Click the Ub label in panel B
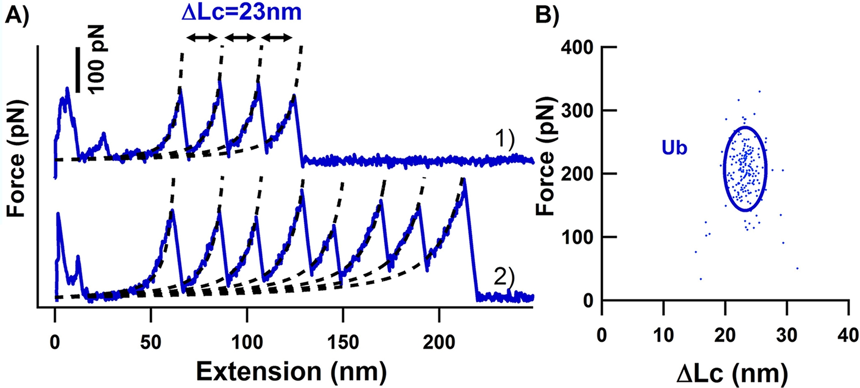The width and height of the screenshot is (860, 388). click(x=674, y=148)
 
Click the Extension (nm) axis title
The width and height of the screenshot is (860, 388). click(x=291, y=372)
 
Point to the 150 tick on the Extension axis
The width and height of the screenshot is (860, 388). click(x=343, y=343)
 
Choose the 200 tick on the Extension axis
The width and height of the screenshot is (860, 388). click(x=439, y=343)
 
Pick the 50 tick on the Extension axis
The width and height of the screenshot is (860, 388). click(x=151, y=343)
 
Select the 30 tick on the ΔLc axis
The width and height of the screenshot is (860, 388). click(x=787, y=335)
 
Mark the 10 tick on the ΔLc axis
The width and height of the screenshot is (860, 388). click(x=663, y=335)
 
